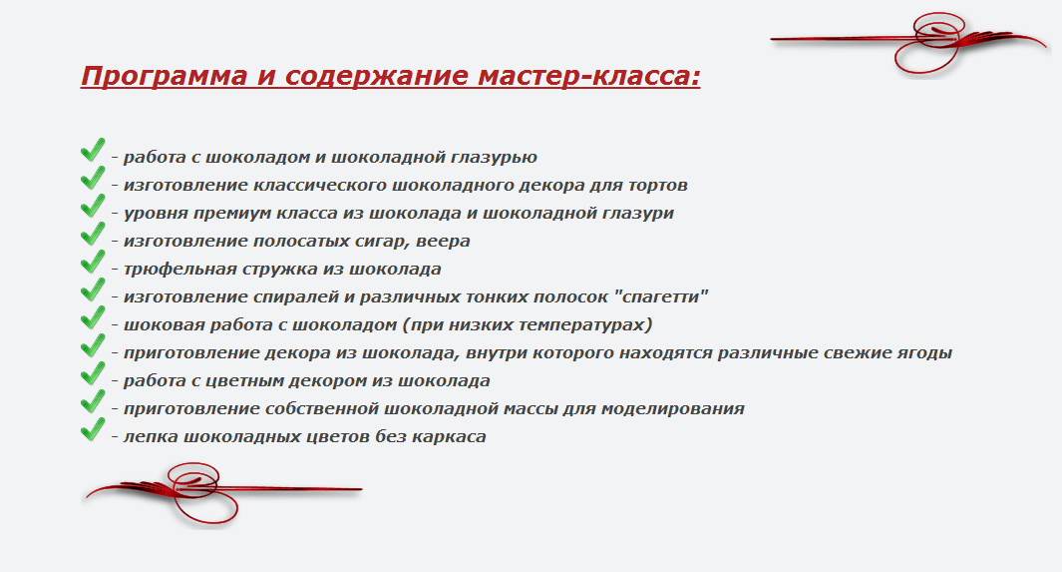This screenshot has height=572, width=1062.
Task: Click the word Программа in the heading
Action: pos(164,76)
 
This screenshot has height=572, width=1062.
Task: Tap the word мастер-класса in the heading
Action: pos(588,75)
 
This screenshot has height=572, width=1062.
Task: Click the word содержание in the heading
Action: pos(377,76)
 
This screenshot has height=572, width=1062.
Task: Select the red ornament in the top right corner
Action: pos(908,42)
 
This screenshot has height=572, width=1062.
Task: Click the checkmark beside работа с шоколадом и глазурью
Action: pos(93,150)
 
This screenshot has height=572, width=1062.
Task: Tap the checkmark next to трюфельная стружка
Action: pos(93,262)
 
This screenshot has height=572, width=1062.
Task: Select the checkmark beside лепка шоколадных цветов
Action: pos(93,429)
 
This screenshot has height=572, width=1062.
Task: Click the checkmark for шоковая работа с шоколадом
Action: pos(93,317)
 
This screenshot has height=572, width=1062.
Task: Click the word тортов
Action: pos(658,185)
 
